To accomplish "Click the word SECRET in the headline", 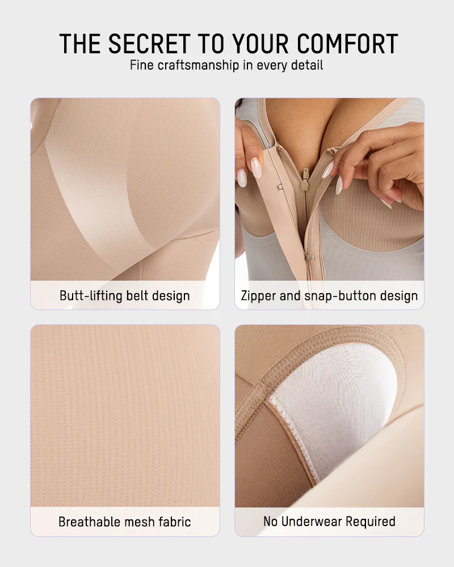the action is click(x=149, y=44).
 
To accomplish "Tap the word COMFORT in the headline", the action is click(x=347, y=44).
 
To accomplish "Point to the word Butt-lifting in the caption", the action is click(x=91, y=295).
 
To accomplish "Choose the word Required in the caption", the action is click(x=371, y=522).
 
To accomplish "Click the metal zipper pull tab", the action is click(x=306, y=175).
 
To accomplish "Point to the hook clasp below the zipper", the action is click(x=309, y=257).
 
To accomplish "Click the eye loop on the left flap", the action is click(x=280, y=187).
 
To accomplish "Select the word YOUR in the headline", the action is click(x=260, y=44).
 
